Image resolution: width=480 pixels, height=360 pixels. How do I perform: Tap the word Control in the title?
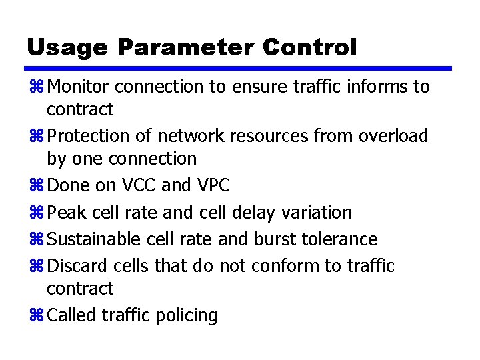[310, 47]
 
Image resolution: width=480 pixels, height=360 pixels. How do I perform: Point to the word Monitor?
[81, 87]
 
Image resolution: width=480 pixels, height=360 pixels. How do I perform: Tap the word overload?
[393, 136]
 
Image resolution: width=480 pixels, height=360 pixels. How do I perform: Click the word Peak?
[67, 213]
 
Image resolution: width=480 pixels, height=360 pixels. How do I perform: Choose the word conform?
[286, 266]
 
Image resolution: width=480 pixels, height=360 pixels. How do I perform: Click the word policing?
[189, 315]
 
